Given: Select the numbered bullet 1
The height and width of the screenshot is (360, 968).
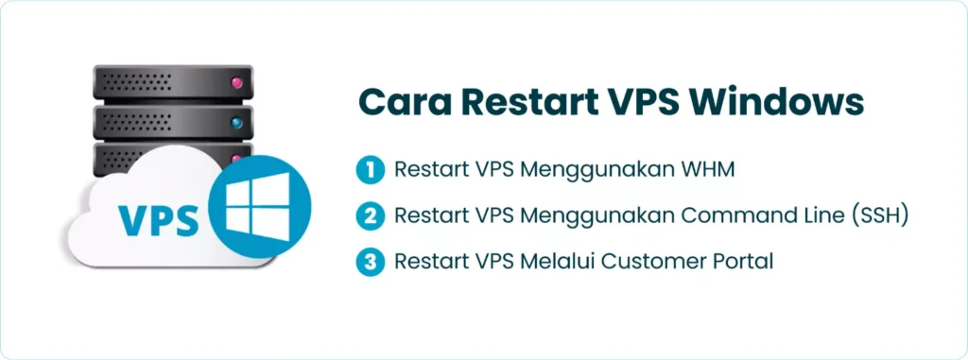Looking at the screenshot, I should coord(370,171).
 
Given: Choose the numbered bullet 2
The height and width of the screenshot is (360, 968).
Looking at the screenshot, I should coord(370,216).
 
